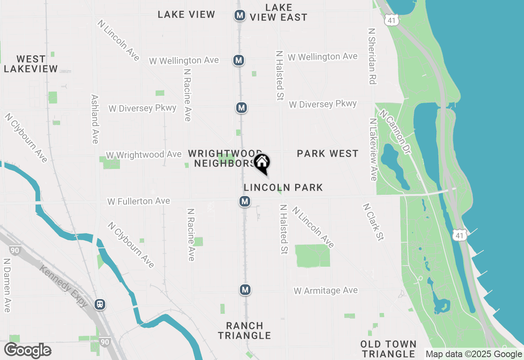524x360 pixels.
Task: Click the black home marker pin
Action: (x=262, y=163)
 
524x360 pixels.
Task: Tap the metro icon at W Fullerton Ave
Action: (x=245, y=201)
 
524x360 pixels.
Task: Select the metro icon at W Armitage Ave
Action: (x=245, y=290)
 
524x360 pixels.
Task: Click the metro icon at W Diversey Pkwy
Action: (x=242, y=108)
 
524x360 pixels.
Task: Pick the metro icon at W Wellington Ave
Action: (x=239, y=60)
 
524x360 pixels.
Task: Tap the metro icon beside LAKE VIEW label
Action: (x=240, y=16)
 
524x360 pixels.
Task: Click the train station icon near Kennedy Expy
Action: (x=100, y=304)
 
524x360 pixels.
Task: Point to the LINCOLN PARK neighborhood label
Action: (x=283, y=187)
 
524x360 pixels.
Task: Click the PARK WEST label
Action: (x=327, y=153)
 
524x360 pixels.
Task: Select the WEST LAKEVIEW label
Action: (x=31, y=64)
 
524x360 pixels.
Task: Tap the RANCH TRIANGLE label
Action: (x=244, y=331)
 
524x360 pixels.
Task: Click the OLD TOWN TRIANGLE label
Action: (x=388, y=349)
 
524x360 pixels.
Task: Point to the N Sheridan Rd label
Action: (x=372, y=56)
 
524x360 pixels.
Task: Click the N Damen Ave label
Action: (x=7, y=285)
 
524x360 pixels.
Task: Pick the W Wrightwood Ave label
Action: (x=144, y=155)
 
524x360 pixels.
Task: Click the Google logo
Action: (x=27, y=351)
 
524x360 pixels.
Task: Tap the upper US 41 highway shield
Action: (x=391, y=19)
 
